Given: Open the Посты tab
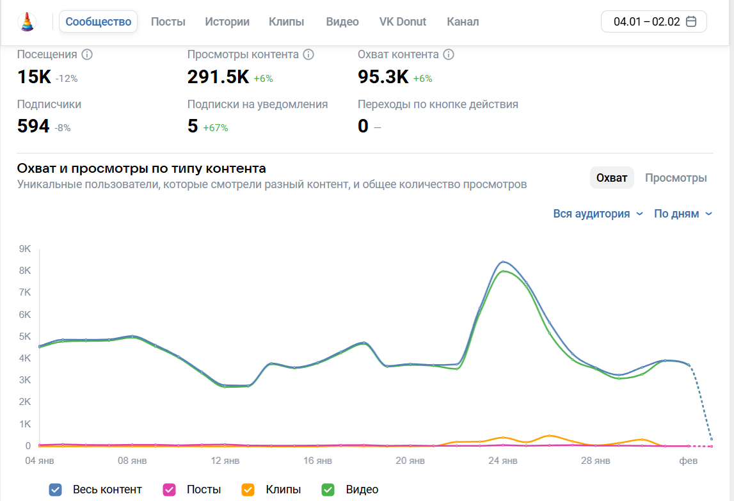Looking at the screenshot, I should [168, 22].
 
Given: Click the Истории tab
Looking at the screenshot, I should [227, 22].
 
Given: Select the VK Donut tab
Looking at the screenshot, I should [403, 22].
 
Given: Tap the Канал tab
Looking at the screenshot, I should [463, 22].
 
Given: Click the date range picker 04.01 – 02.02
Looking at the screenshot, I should [654, 22].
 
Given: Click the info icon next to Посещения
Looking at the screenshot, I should [87, 54].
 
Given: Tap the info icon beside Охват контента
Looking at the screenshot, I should [449, 54].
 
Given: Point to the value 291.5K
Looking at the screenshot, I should [218, 77].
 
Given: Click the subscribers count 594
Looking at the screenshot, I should [33, 126].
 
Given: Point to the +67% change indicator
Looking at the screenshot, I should [216, 128].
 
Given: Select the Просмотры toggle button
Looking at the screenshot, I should [676, 178].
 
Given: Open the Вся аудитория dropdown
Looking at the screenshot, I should [598, 214].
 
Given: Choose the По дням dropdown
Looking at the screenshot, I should [683, 214].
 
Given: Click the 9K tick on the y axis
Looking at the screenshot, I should [24, 249].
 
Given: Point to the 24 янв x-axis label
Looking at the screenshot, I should [503, 461].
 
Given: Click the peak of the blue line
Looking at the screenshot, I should [504, 262].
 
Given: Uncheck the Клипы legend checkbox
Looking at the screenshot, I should [248, 490].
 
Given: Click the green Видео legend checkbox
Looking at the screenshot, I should [328, 490].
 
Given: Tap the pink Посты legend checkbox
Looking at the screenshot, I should [169, 490].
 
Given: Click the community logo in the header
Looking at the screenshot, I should [28, 22].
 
